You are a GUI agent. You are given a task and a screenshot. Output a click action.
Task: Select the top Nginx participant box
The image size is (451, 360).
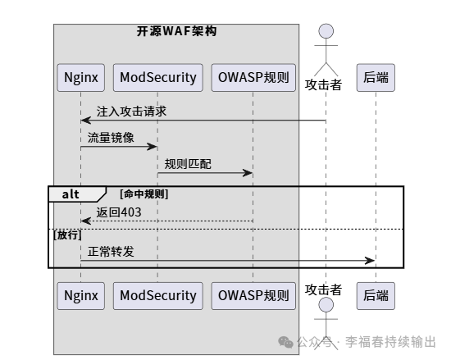(x=81, y=78)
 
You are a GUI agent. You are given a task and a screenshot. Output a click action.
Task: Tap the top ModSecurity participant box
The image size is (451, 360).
(x=157, y=78)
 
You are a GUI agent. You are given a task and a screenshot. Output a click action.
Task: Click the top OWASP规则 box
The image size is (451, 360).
(x=253, y=78)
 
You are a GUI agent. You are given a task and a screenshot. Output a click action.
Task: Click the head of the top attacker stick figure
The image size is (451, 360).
(x=326, y=31)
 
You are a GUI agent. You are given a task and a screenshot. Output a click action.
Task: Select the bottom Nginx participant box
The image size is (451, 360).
(x=81, y=295)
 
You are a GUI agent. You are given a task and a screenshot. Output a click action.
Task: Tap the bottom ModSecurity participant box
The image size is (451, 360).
(x=157, y=295)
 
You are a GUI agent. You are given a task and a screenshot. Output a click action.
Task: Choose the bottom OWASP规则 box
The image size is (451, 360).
(x=253, y=295)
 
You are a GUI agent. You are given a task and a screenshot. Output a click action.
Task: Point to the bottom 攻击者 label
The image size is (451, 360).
(x=323, y=289)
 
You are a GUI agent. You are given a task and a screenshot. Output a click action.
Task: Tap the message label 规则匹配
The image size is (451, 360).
(x=188, y=163)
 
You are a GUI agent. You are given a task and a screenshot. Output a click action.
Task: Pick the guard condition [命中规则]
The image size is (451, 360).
(x=143, y=194)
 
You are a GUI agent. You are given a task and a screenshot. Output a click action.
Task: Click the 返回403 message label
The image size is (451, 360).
(x=118, y=212)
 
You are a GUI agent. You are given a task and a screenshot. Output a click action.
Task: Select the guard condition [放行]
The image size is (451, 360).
(x=69, y=235)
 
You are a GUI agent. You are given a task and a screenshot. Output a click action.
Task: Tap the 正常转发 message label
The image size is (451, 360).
(x=111, y=251)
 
